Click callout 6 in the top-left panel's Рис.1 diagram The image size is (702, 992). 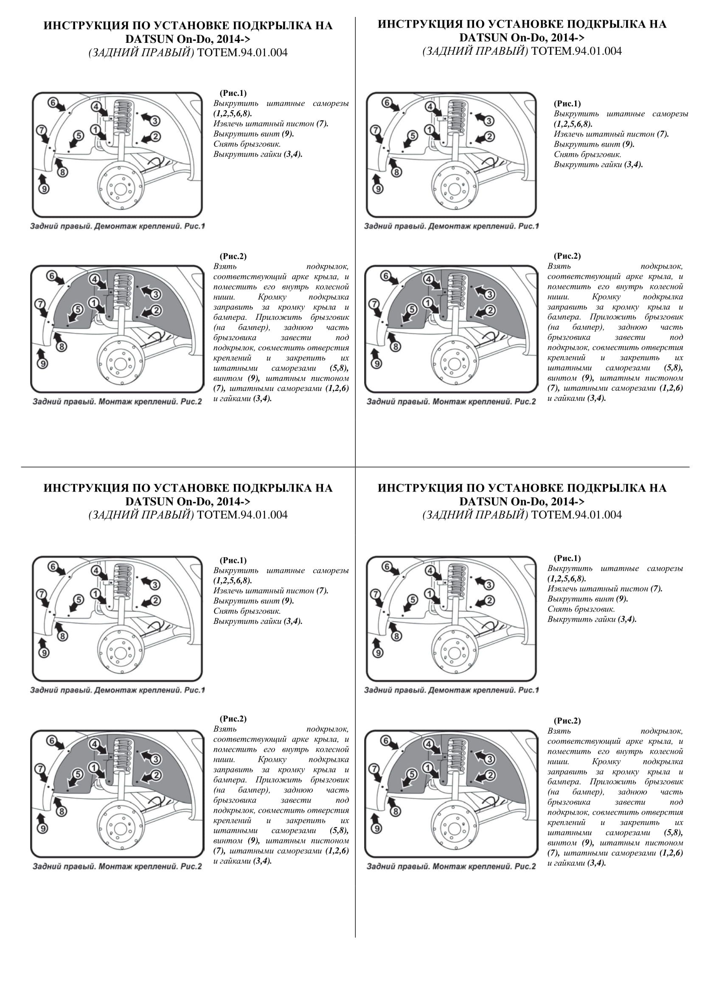[53, 103]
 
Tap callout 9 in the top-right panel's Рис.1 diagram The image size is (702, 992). [377, 189]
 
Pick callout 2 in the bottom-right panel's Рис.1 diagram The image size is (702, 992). [489, 601]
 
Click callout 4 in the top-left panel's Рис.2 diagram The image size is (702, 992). [94, 279]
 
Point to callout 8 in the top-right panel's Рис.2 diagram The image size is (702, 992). [395, 347]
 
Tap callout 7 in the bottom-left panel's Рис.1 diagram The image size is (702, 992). [41, 594]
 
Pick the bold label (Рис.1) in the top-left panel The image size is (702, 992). [233, 93]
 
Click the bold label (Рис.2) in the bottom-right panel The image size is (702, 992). [567, 721]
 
